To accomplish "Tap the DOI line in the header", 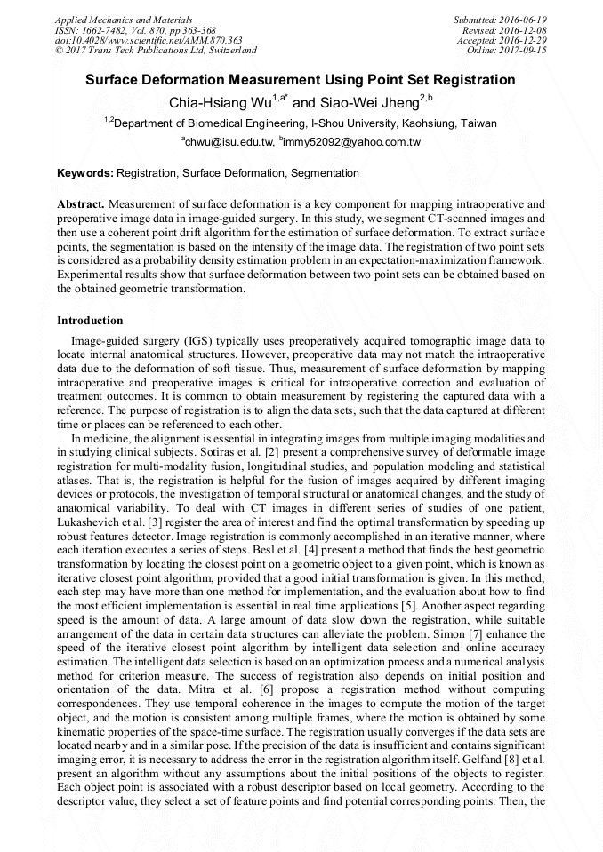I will [149, 40].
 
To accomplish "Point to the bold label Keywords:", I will [85, 173].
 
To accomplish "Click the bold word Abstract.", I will [80, 204].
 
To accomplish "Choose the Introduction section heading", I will [90, 320].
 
